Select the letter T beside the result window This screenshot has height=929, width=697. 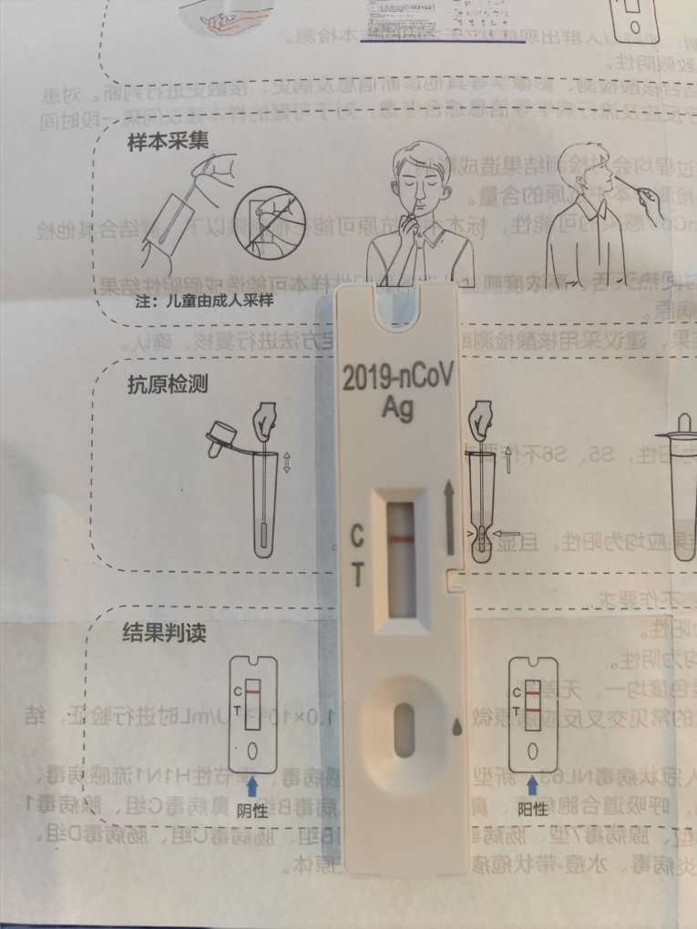[x=358, y=574]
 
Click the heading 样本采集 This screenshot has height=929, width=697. [x=158, y=143]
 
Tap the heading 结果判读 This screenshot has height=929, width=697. [x=158, y=630]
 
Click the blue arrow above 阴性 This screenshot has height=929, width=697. [x=251, y=781]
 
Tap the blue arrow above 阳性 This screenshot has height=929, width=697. [x=532, y=781]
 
